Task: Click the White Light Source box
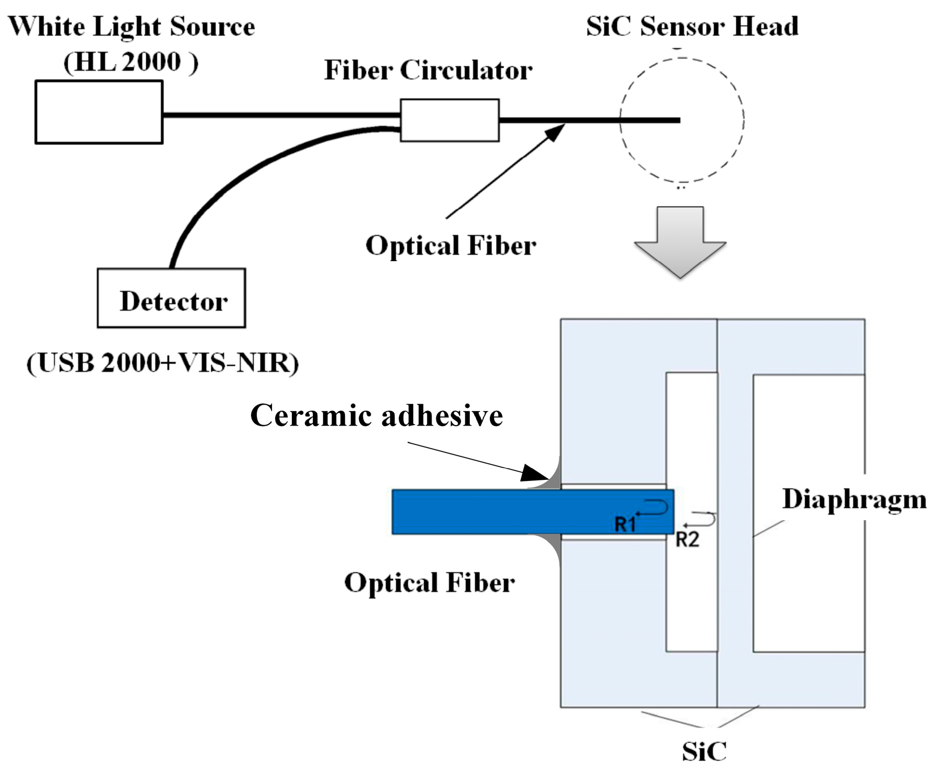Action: pyautogui.click(x=99, y=112)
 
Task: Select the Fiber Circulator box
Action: pyautogui.click(x=449, y=120)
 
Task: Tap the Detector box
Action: pyautogui.click(x=171, y=298)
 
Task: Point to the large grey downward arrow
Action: pyautogui.click(x=680, y=245)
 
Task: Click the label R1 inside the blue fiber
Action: pyautogui.click(x=625, y=523)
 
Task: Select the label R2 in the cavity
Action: pyautogui.click(x=687, y=539)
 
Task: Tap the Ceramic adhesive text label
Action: pyautogui.click(x=376, y=416)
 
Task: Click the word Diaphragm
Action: pyautogui.click(x=854, y=499)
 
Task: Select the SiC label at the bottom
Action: pyautogui.click(x=704, y=751)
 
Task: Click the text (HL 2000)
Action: pyautogui.click(x=131, y=62)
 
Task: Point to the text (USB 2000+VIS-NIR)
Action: pyautogui.click(x=162, y=363)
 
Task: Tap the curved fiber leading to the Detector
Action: pyautogui.click(x=226, y=183)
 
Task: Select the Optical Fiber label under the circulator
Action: pyautogui.click(x=450, y=246)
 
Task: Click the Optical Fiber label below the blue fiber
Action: pyautogui.click(x=429, y=583)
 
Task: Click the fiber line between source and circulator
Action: pyautogui.click(x=279, y=114)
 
